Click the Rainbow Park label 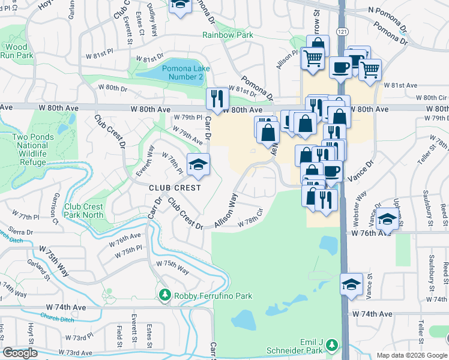click(228, 35)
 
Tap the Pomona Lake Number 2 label click(185, 73)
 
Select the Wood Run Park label click(17, 51)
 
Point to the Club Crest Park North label click(84, 211)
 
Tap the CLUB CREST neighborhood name click(175, 187)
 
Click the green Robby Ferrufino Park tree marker click(164, 295)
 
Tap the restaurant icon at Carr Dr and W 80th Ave click(215, 97)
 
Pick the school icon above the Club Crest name click(197, 164)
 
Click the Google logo click(20, 353)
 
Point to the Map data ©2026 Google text click(411, 355)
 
